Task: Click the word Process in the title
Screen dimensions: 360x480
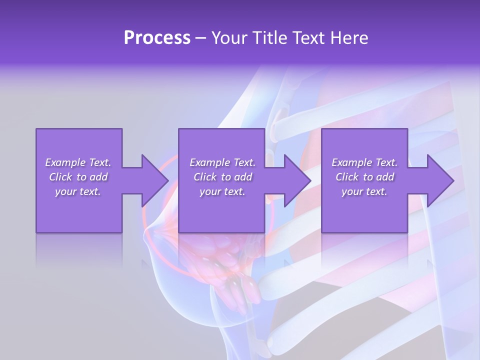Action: point(157,38)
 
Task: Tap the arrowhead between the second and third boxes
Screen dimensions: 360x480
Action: point(297,180)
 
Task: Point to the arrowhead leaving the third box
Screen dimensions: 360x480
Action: point(439,180)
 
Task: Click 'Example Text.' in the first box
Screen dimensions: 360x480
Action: point(78,162)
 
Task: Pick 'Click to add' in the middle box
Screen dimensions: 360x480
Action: point(222,177)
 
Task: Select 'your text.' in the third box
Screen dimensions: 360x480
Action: point(364,191)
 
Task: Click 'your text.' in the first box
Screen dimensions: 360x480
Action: point(78,191)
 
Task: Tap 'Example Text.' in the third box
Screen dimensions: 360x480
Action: point(364,162)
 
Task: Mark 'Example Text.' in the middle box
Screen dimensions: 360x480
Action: point(222,162)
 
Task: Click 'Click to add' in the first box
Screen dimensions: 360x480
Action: point(78,177)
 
